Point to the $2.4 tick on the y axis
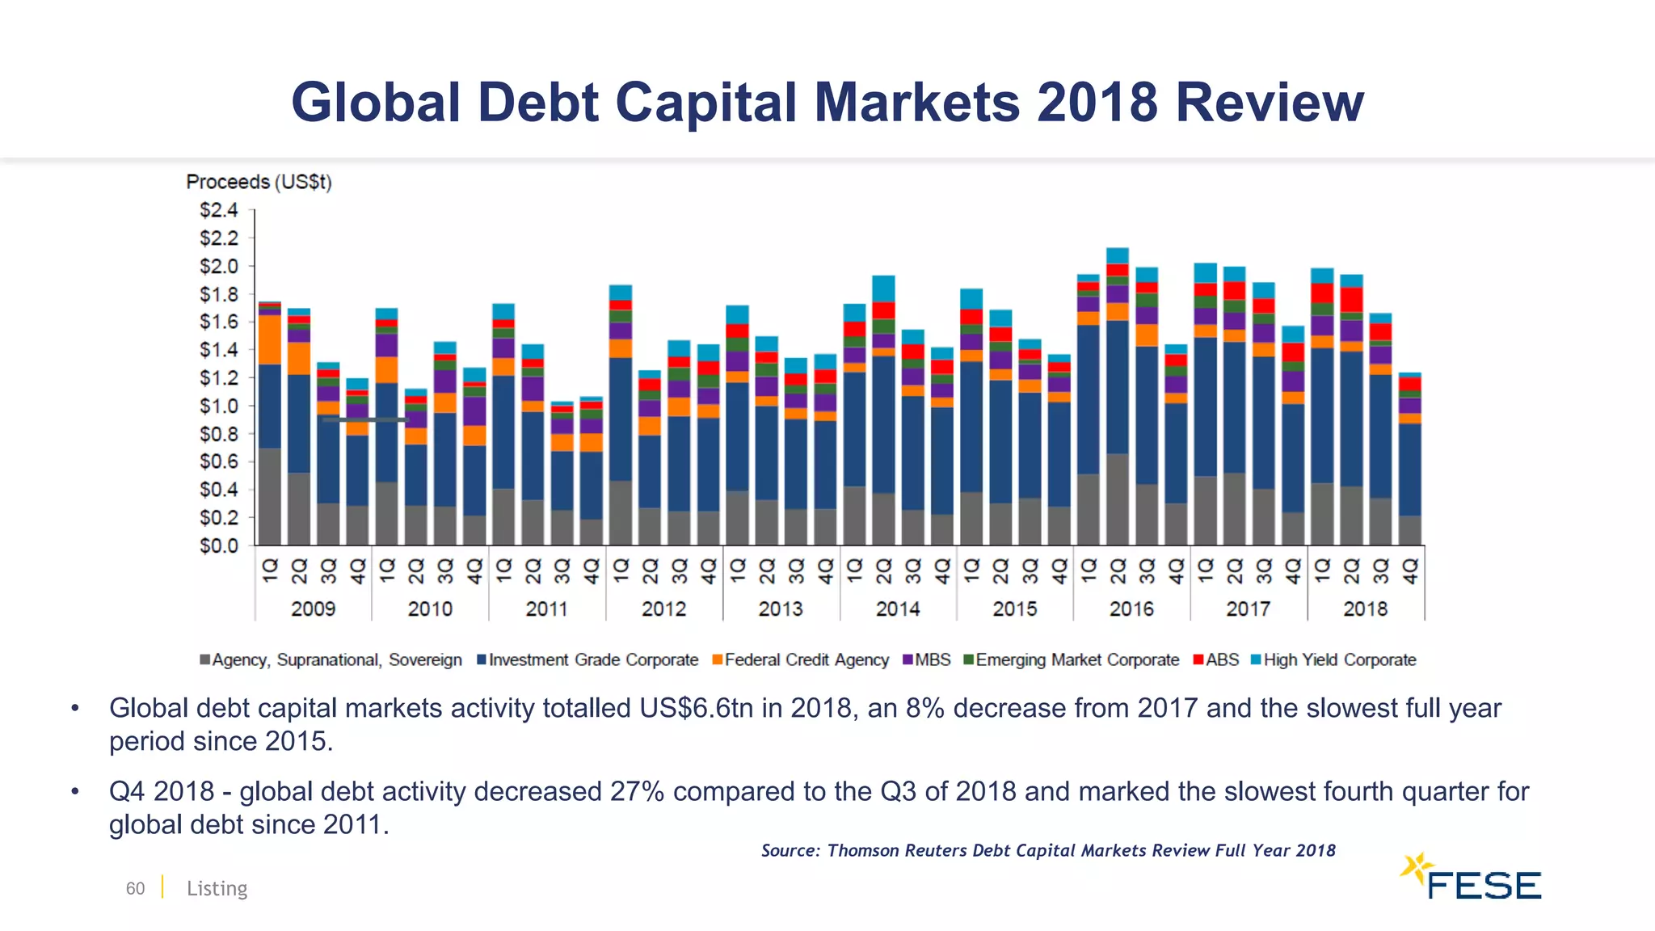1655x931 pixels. click(x=219, y=210)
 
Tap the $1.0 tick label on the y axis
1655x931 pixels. click(x=219, y=406)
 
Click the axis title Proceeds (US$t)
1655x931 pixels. click(x=259, y=182)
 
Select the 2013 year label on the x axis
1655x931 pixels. click(x=780, y=609)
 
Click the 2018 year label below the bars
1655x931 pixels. click(x=1365, y=609)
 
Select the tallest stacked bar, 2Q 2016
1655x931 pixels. click(x=1118, y=404)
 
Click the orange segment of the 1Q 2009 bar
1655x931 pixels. click(x=269, y=339)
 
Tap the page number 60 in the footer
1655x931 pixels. click(x=135, y=888)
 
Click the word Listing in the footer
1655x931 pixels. click(x=217, y=888)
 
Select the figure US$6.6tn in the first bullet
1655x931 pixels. click(x=696, y=708)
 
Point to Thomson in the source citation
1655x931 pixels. click(x=862, y=850)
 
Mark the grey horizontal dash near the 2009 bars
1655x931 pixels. click(x=365, y=419)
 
